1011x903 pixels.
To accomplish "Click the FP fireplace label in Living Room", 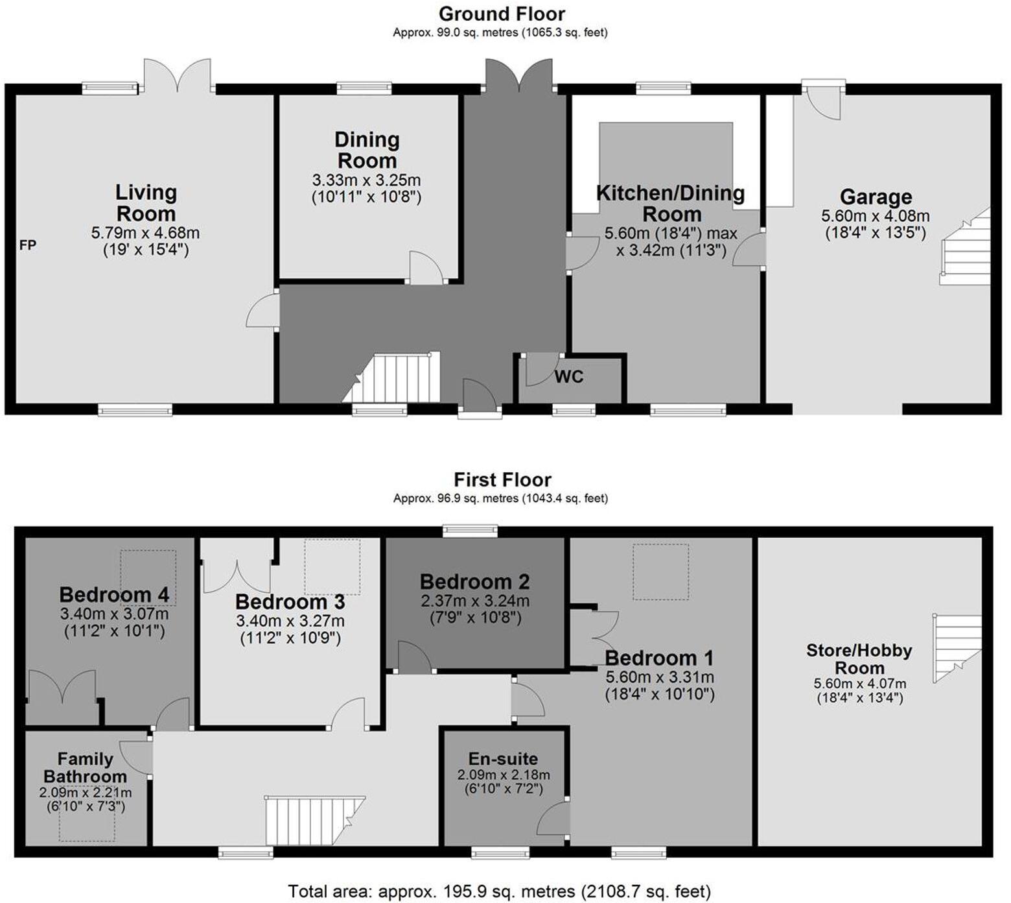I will pos(28,245).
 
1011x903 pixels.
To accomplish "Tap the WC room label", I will pos(568,377).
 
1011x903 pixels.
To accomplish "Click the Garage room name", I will pos(876,197).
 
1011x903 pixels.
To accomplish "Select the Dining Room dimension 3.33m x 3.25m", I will pos(366,180).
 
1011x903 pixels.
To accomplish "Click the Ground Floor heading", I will pos(501,14).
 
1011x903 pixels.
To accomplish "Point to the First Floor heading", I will pos(502,480).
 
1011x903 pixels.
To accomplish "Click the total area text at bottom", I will pos(499,891).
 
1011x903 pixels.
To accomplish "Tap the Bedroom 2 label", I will pos(474,582).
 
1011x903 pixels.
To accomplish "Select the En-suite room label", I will pos(503,759).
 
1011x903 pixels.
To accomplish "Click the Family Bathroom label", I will pos(85,767).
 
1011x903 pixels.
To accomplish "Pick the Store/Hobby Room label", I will pos(859,659).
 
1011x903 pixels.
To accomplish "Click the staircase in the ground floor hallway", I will pos(395,379).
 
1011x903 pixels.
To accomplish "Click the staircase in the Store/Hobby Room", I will pos(957,647).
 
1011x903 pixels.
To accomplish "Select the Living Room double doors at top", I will pos(177,76).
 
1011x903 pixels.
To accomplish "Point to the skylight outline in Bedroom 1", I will pos(660,572).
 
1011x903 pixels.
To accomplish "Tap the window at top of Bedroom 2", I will pos(471,531).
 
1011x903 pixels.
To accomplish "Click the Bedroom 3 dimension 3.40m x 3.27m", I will pos(290,621).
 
